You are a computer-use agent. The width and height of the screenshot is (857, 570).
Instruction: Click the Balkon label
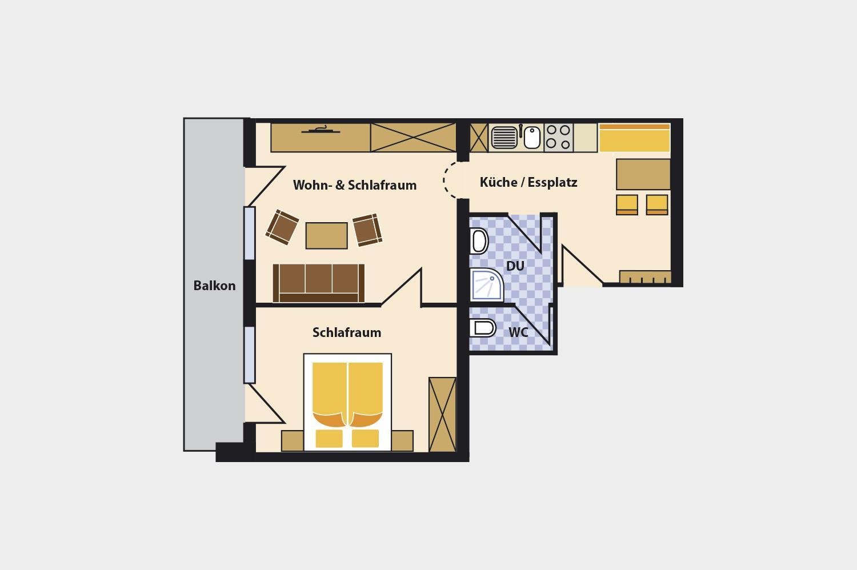click(x=214, y=286)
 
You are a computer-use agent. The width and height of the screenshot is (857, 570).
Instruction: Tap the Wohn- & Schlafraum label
click(x=355, y=185)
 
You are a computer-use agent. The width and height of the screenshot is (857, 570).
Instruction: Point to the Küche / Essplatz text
click(x=528, y=182)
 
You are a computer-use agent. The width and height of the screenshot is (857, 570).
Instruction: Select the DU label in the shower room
click(x=515, y=266)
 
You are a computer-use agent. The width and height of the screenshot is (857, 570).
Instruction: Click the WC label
click(x=518, y=332)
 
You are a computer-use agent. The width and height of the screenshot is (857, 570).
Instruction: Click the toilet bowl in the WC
click(x=482, y=328)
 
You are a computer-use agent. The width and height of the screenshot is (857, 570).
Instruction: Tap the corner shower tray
click(x=487, y=284)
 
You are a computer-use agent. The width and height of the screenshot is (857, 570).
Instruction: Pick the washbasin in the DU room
click(x=479, y=241)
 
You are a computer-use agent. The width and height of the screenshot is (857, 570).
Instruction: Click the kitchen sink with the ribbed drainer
click(x=516, y=137)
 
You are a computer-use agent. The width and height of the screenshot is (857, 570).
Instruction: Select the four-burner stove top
click(x=558, y=137)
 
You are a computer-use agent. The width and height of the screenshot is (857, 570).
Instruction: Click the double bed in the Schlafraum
click(x=347, y=402)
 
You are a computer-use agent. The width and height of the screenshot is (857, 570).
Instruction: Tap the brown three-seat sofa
click(x=319, y=283)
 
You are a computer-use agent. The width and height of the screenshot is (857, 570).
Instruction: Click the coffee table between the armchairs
click(x=326, y=236)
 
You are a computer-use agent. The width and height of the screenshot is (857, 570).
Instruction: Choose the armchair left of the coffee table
click(x=282, y=227)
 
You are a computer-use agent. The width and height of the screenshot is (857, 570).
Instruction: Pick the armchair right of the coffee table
click(x=367, y=230)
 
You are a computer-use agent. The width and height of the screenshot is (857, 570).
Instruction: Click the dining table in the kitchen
click(x=643, y=174)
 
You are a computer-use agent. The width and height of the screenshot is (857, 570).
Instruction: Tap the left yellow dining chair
click(x=627, y=204)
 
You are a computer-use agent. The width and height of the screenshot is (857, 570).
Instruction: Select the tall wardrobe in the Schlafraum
click(x=442, y=414)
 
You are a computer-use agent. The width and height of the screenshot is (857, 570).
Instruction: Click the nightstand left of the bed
click(x=293, y=441)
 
